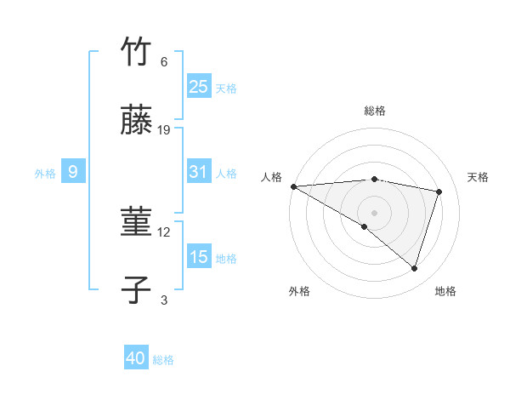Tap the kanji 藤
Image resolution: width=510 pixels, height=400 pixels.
pos(137,122)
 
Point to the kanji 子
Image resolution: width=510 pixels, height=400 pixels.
pos(137,290)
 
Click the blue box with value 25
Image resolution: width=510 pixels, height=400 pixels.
pos(199,86)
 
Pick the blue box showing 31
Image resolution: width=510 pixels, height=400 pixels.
pos(199,172)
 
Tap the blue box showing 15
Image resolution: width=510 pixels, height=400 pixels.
pos(199,257)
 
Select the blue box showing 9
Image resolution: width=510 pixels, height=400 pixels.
pos(73,172)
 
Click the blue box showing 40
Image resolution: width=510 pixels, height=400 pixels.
pos(136,358)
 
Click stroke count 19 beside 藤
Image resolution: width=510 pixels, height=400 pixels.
pos(164,130)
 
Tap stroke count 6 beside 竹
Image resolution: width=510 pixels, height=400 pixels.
pos(164,62)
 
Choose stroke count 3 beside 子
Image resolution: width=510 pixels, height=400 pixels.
pos(164,300)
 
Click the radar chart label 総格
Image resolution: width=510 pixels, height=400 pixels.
pos(375,111)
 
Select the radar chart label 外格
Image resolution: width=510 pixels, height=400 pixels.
pos(299,291)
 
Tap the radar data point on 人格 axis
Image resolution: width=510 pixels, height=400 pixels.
pos(293,186)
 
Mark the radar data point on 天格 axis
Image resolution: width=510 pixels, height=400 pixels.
pos(439,191)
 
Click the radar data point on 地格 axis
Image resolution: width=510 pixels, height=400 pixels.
pos(414,268)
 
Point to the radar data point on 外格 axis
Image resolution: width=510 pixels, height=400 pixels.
pos(365,226)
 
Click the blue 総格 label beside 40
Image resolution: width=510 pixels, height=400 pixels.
pos(163,360)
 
